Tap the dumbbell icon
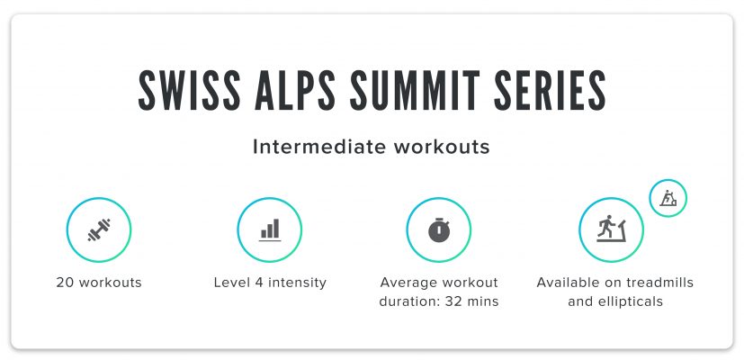pyautogui.click(x=99, y=230)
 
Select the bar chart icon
pyautogui.click(x=269, y=230)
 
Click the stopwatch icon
pyautogui.click(x=439, y=230)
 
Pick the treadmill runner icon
pyautogui.click(x=610, y=230)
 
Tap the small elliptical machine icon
pyautogui.click(x=668, y=198)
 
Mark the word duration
pyautogui.click(x=409, y=301)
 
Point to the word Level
pyautogui.click(x=230, y=283)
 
